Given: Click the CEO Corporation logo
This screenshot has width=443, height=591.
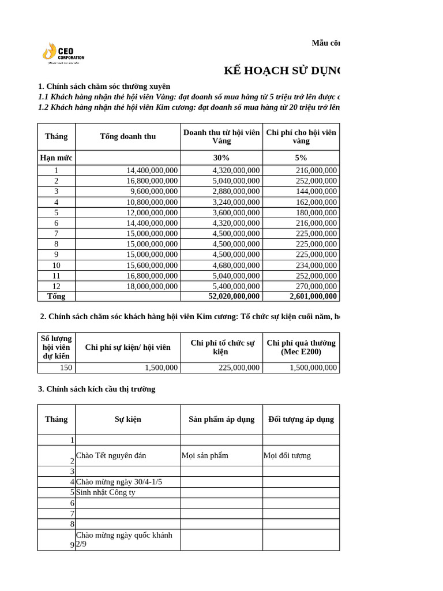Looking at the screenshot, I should click(x=63, y=53).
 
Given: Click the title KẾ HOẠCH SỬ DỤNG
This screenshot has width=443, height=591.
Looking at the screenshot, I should click(x=282, y=71).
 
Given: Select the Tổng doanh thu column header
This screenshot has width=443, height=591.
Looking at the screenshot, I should click(x=127, y=137).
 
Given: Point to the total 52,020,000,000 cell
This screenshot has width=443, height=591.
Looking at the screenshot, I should click(x=234, y=296).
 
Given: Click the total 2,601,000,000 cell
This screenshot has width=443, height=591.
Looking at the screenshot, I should click(x=313, y=296).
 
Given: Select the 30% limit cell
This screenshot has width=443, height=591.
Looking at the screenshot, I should click(x=221, y=158).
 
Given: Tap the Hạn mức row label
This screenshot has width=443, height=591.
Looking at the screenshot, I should click(x=56, y=158).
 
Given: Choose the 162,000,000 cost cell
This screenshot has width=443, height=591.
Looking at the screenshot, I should click(x=316, y=202).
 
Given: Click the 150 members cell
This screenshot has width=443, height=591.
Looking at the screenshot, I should click(x=65, y=368).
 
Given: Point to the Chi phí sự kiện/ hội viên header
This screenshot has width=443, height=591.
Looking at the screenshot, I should click(x=127, y=347).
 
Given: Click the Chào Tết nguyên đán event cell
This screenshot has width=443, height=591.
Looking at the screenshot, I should click(x=111, y=455).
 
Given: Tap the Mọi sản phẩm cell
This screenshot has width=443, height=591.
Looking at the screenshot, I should click(x=205, y=455).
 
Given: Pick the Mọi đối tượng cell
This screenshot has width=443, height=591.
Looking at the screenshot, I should click(x=287, y=455).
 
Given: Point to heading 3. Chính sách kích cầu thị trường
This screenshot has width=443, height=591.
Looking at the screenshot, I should click(x=96, y=389).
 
